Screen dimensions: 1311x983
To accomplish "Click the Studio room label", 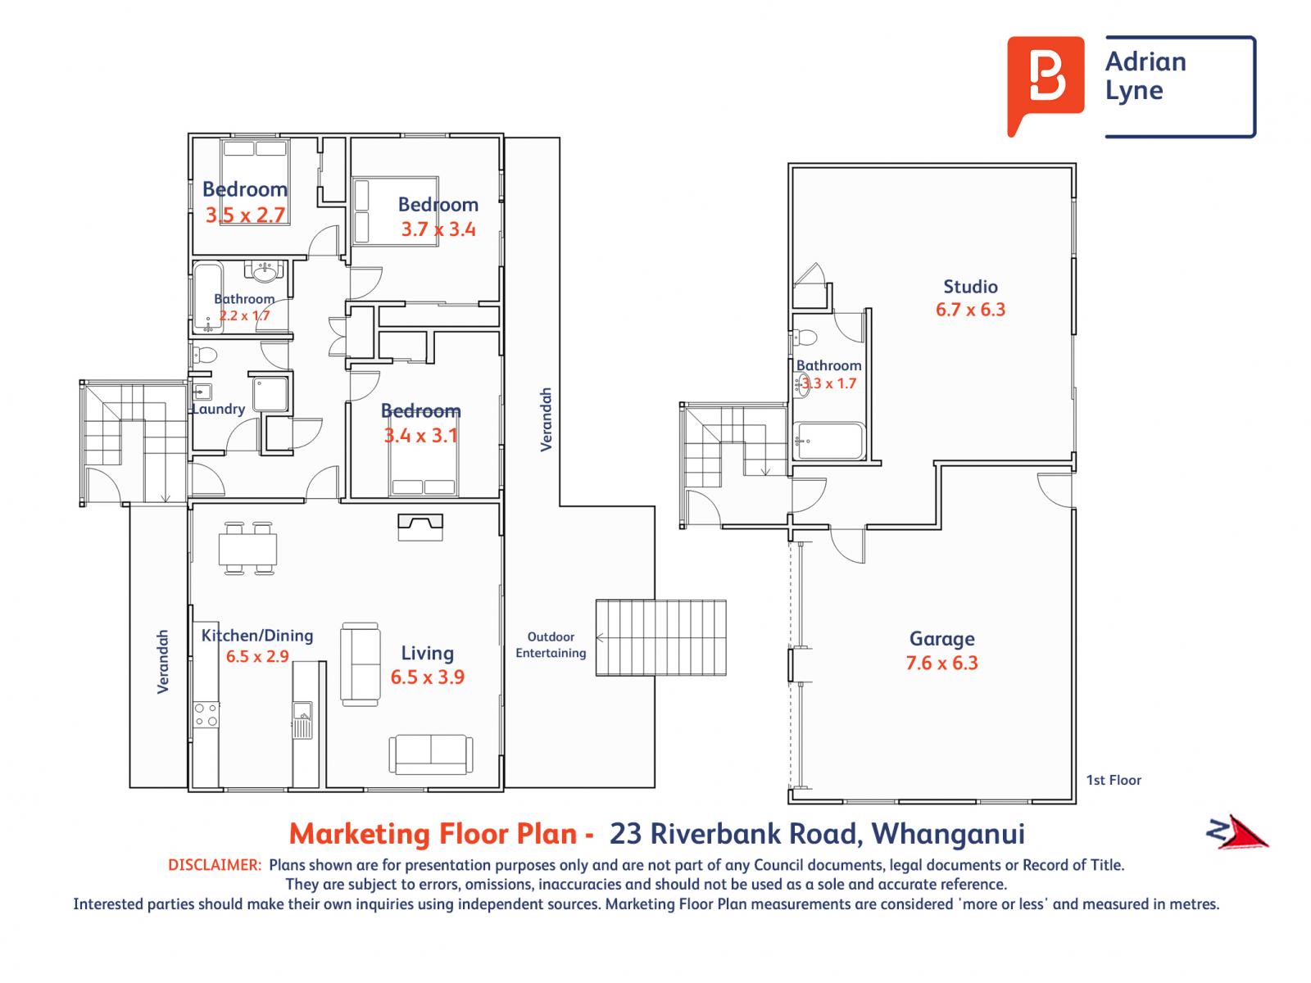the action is tap(970, 287).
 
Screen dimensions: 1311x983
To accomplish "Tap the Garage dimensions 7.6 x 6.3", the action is tap(941, 663).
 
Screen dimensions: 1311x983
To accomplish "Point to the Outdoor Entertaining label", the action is tap(551, 645).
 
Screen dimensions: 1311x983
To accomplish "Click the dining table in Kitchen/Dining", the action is tap(247, 549).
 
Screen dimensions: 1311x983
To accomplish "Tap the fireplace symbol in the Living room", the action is tap(420, 527).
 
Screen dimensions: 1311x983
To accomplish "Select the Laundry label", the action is tap(219, 409).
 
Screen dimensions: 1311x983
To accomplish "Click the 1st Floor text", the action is tap(1114, 780).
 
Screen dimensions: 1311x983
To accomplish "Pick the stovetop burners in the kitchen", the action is tap(206, 714).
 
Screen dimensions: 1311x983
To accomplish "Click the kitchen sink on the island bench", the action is tap(302, 720).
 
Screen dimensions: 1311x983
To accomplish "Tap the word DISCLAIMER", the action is tap(215, 865).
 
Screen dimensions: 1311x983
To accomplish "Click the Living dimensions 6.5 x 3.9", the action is tap(427, 677).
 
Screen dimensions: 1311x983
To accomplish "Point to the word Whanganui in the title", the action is tap(948, 835).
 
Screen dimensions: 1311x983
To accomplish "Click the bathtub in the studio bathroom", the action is tap(829, 441).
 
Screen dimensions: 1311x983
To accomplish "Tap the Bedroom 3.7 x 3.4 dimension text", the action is tap(438, 229).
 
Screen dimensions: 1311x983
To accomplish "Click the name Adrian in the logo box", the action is tap(1145, 61).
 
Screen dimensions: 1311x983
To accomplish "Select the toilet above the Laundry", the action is tap(204, 356).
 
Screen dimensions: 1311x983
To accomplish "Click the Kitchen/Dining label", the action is tap(256, 636).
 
